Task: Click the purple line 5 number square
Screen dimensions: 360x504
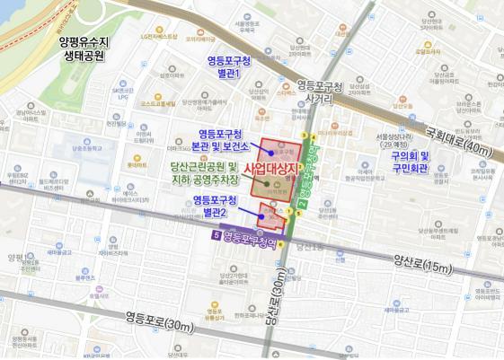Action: click(x=214, y=236)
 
